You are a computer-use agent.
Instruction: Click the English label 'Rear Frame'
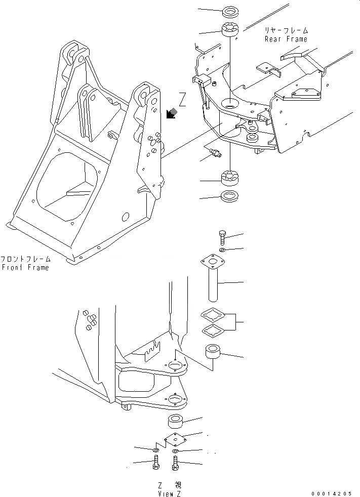(x=286, y=39)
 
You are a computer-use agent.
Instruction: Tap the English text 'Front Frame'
(x=25, y=267)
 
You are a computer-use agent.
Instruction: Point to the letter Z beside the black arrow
(x=182, y=100)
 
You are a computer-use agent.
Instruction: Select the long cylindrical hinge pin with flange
(x=212, y=281)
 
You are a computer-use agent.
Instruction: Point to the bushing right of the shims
(x=214, y=351)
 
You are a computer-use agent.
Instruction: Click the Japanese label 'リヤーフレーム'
(x=286, y=30)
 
